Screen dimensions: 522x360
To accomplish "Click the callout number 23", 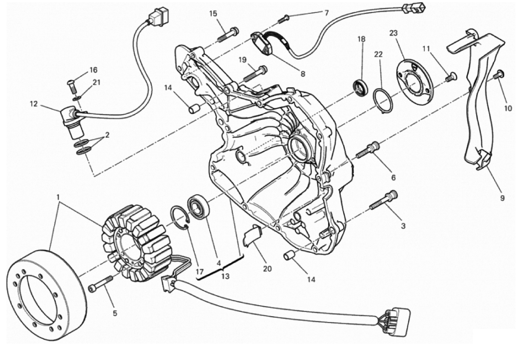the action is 393,33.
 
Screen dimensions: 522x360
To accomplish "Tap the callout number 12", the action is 34,104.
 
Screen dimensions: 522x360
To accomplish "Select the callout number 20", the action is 267,269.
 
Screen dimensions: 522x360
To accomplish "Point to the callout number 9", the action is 502,198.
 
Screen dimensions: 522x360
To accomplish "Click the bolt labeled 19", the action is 255,74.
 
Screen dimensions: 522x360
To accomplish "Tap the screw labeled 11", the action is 451,77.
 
